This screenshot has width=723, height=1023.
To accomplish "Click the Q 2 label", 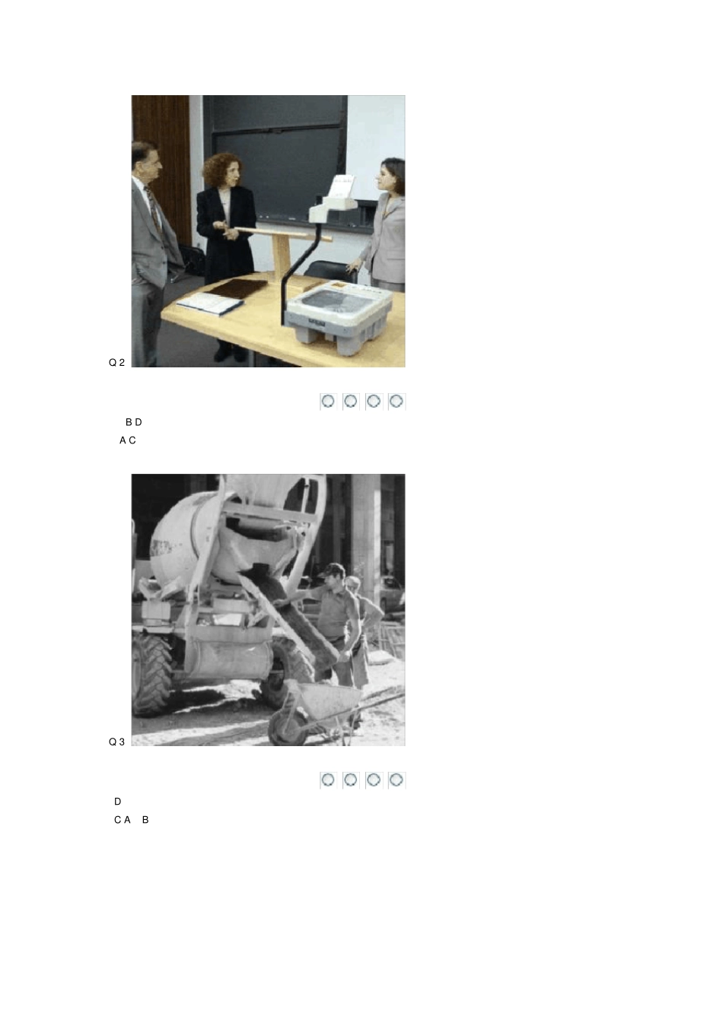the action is (x=116, y=363).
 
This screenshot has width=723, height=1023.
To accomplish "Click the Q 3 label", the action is (x=116, y=742).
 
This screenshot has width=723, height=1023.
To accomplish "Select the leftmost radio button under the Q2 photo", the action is (x=328, y=402).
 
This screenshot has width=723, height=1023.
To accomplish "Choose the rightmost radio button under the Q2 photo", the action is (x=397, y=402).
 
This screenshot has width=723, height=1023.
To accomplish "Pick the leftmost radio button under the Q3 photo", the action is (x=328, y=780).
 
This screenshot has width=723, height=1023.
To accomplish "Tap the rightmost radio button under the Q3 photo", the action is (x=397, y=780).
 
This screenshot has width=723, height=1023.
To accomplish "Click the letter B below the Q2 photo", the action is (x=129, y=422).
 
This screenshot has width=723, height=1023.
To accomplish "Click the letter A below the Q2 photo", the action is (x=123, y=440).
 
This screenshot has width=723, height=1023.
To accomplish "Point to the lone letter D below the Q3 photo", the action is (x=117, y=801).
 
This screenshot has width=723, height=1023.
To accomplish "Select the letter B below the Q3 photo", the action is (x=145, y=819).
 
